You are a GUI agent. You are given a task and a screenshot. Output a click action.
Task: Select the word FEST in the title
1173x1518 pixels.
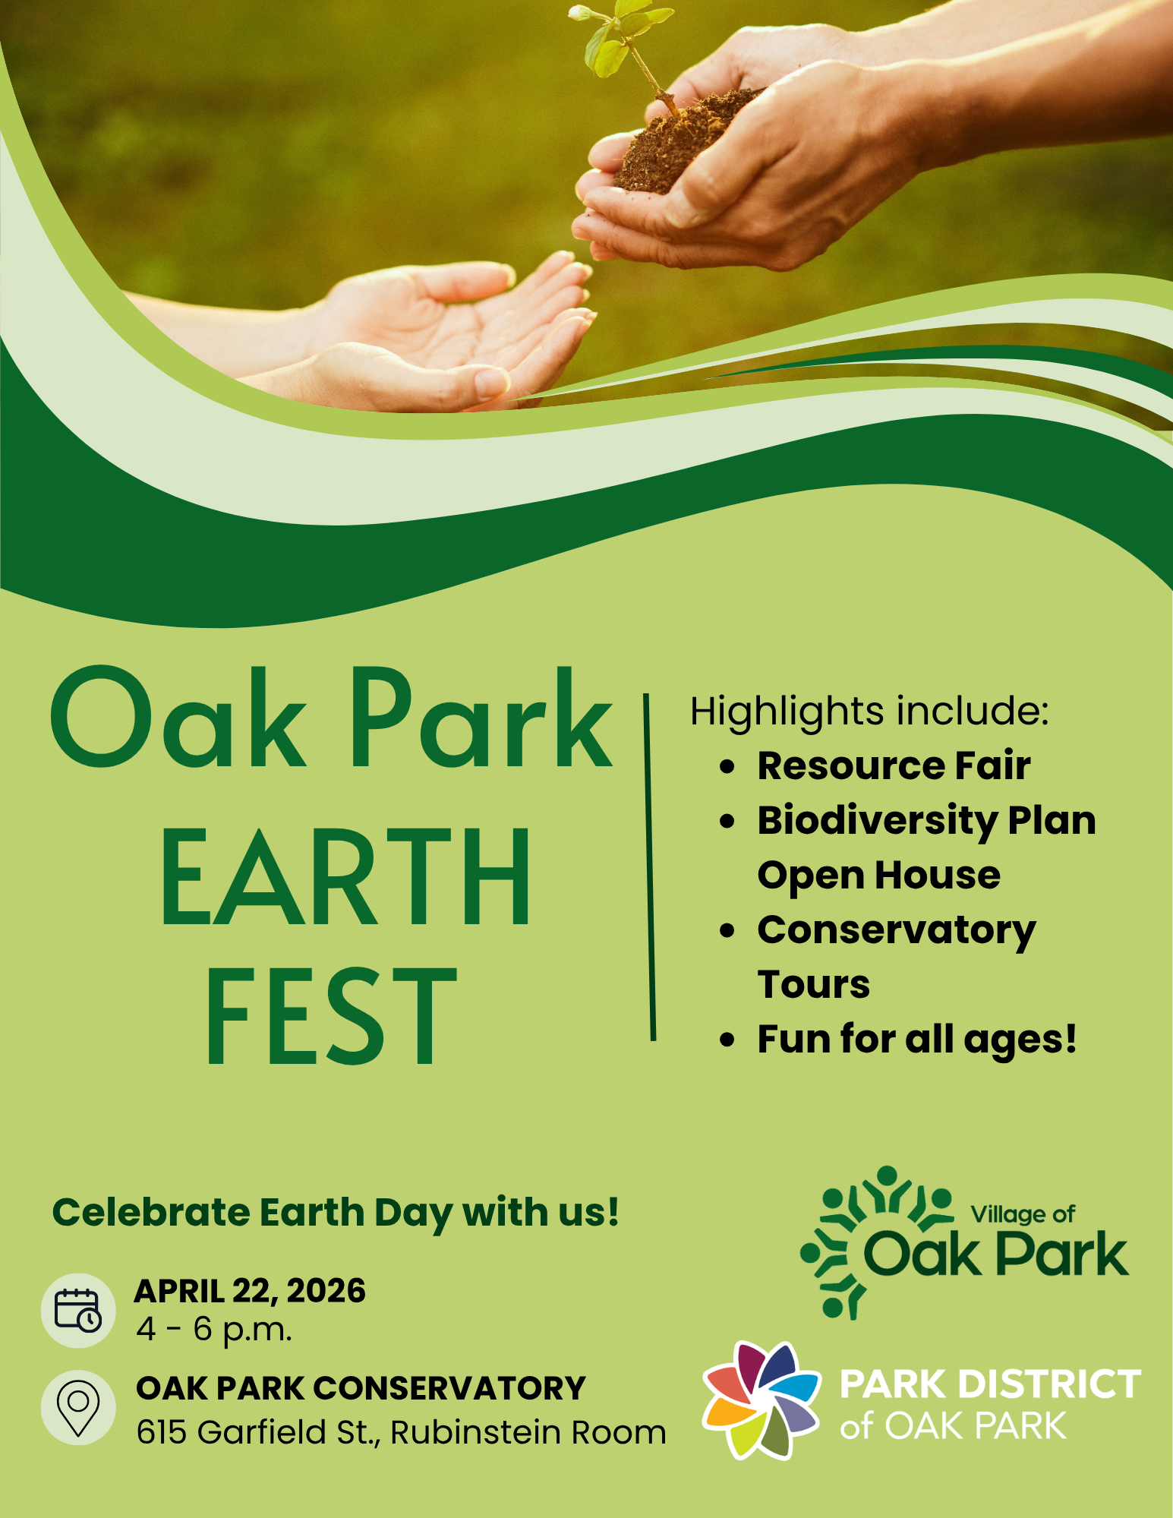[332, 1018]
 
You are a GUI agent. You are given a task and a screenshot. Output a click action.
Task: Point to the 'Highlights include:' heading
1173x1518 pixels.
[869, 712]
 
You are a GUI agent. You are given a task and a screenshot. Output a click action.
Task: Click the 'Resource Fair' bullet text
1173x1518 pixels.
[894, 765]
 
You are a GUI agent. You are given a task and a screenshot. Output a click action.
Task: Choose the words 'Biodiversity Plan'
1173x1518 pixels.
[926, 821]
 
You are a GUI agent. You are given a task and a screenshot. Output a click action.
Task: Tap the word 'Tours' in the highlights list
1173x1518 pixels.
[814, 985]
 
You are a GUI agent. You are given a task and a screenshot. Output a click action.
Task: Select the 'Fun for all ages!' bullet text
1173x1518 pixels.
[917, 1040]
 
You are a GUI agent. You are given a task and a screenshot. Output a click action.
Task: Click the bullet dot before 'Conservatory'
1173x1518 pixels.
[727, 931]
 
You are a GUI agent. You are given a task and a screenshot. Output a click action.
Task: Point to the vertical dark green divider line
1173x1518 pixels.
[650, 866]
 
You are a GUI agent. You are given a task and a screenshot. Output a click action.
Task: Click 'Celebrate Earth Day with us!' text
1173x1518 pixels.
[336, 1213]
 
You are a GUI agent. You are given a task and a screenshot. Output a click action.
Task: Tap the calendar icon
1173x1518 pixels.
[78, 1310]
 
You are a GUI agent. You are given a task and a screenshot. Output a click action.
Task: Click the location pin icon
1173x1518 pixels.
[78, 1407]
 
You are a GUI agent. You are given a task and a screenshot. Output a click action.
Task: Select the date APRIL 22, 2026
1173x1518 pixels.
[250, 1292]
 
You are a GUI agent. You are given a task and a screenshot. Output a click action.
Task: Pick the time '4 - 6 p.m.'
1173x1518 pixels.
[214, 1330]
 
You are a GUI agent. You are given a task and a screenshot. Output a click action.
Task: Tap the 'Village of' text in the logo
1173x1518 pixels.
[1023, 1215]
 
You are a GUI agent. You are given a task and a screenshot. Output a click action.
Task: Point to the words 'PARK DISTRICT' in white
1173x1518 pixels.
[990, 1384]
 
